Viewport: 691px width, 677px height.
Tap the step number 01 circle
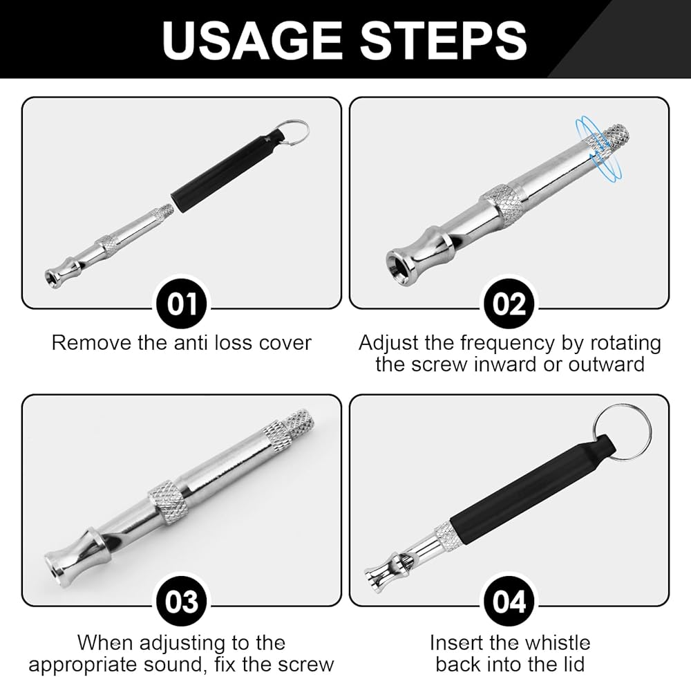[x=182, y=304]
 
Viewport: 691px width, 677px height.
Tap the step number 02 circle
[x=509, y=304]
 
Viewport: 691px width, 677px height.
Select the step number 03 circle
[x=182, y=602]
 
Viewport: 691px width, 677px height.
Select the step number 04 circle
[x=509, y=602]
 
